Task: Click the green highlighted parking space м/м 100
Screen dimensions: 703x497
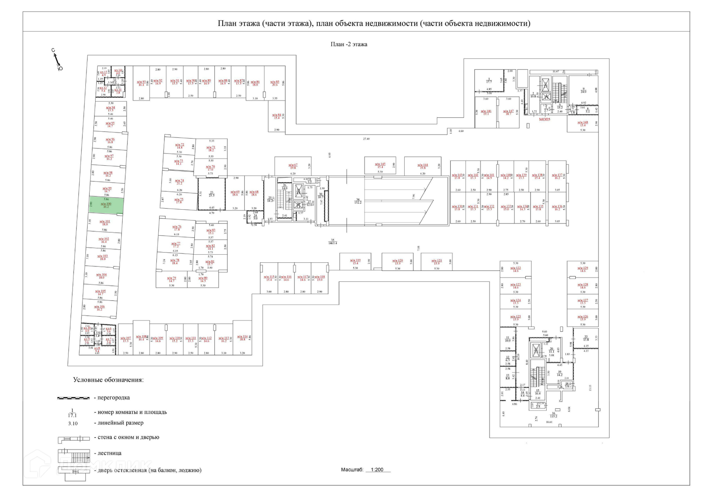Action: coord(106,205)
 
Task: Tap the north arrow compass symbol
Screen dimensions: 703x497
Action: coord(57,60)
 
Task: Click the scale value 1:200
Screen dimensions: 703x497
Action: coord(377,470)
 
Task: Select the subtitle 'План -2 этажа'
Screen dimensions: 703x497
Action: coord(349,44)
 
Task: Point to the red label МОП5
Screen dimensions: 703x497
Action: coord(544,119)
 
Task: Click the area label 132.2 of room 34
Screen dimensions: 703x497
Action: coord(358,202)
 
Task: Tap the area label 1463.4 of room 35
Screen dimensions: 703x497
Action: coord(332,243)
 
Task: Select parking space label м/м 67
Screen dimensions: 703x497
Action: coord(293,165)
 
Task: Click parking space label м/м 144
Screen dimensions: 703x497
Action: coord(423,165)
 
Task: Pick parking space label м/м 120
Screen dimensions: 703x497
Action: coord(398,261)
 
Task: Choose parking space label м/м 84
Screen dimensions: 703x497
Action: coord(276,115)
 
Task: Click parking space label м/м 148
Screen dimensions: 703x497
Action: coord(583,123)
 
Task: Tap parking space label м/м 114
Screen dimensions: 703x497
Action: coord(242,336)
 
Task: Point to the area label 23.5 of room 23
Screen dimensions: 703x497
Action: coord(212,195)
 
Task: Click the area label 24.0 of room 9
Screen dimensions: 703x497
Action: coord(584,92)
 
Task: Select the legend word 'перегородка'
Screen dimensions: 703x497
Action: coord(114,398)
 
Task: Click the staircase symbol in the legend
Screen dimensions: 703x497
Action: coord(74,456)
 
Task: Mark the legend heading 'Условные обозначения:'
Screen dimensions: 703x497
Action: coord(108,380)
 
